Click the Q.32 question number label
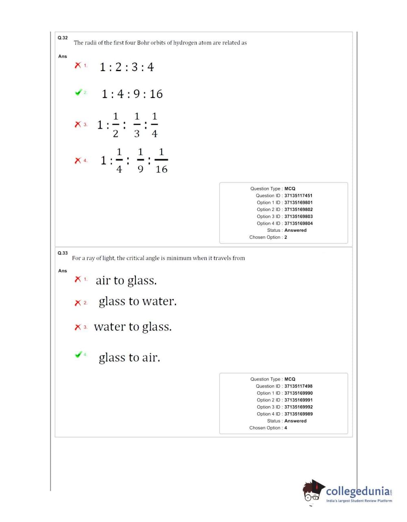click(x=63, y=38)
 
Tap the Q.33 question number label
click(x=63, y=253)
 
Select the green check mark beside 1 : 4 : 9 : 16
click(x=78, y=92)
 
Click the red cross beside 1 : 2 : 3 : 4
click(x=78, y=65)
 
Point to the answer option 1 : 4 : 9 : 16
click(x=132, y=94)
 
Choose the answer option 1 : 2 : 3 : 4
click(x=127, y=67)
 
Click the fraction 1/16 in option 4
click(x=161, y=161)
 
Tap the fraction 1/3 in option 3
click(x=137, y=125)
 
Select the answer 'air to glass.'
click(x=126, y=281)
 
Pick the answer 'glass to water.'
click(x=137, y=302)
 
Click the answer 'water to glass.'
click(x=133, y=327)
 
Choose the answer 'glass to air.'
click(x=129, y=358)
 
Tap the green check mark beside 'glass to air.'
click(x=78, y=355)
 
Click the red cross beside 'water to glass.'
click(x=78, y=327)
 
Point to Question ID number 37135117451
click(x=298, y=196)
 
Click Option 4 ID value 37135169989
click(x=298, y=414)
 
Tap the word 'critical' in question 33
click(x=138, y=258)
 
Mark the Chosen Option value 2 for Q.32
click(x=286, y=237)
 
